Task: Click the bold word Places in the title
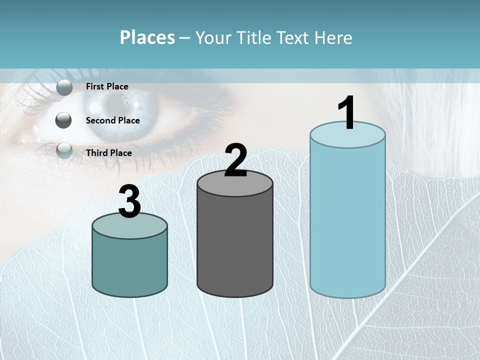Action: tap(147, 37)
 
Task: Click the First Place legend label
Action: tap(107, 86)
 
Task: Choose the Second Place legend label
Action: tap(112, 120)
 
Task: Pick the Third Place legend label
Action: tap(109, 153)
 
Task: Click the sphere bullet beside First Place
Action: tap(64, 87)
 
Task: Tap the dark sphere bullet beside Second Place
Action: tap(64, 120)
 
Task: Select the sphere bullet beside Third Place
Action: tap(64, 150)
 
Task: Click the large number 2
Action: tap(235, 160)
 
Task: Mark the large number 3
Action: tap(129, 202)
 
